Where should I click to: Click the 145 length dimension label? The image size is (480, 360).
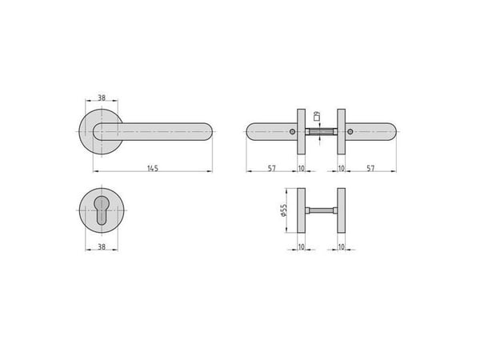coord(153,168)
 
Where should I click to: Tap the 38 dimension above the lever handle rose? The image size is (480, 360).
coord(102,98)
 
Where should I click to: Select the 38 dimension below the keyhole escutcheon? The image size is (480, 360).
coord(102,246)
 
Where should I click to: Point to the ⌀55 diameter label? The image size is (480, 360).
coord(283,210)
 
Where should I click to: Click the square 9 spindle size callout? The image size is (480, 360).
coord(317,115)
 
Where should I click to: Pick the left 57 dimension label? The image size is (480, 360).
coord(272,168)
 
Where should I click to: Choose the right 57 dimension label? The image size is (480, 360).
coord(370,168)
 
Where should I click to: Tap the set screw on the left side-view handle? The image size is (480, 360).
coord(293,132)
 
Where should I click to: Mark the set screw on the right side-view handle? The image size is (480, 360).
coord(350,132)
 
